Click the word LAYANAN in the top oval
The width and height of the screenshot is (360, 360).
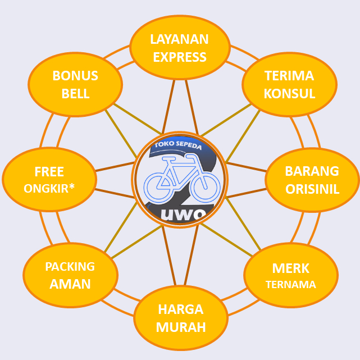click(180, 39)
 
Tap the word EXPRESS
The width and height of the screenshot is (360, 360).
click(180, 57)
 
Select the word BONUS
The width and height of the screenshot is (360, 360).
click(75, 76)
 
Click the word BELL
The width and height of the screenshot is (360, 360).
click(75, 94)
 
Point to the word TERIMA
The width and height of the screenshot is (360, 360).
click(289, 76)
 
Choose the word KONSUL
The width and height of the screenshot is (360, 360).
click(289, 94)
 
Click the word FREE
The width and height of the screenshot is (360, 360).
click(49, 171)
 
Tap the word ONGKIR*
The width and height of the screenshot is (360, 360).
click(49, 189)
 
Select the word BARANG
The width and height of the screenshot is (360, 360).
click(312, 171)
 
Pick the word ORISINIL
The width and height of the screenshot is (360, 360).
click(312, 189)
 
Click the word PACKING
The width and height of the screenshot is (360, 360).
click(70, 267)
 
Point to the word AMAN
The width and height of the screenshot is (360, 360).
click(70, 284)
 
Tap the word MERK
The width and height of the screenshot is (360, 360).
click(291, 268)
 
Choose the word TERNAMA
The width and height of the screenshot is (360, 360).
click(291, 285)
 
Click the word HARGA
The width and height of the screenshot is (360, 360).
click(180, 309)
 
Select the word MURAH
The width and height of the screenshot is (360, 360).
click(181, 327)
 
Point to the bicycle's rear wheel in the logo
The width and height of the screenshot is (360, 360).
click(159, 183)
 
